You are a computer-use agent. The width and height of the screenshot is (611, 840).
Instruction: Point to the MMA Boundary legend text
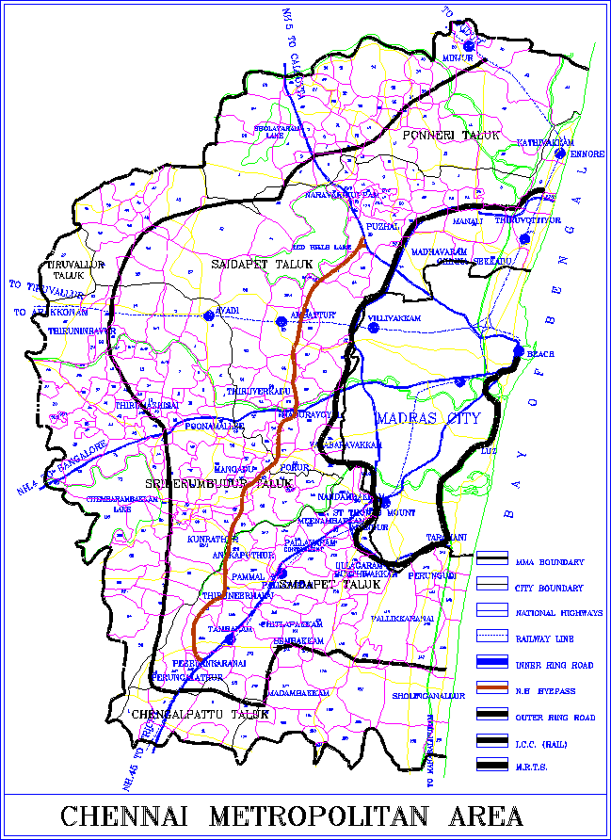coord(550,562)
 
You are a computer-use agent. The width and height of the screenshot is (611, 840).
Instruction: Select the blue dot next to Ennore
coord(559,153)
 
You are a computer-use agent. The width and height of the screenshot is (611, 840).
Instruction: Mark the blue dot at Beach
coord(519,352)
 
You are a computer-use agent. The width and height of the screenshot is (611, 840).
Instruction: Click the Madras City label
coord(428,418)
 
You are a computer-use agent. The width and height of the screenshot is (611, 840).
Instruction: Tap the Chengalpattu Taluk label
coord(201,715)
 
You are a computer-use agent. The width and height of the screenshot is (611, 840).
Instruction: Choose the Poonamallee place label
coord(216,427)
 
